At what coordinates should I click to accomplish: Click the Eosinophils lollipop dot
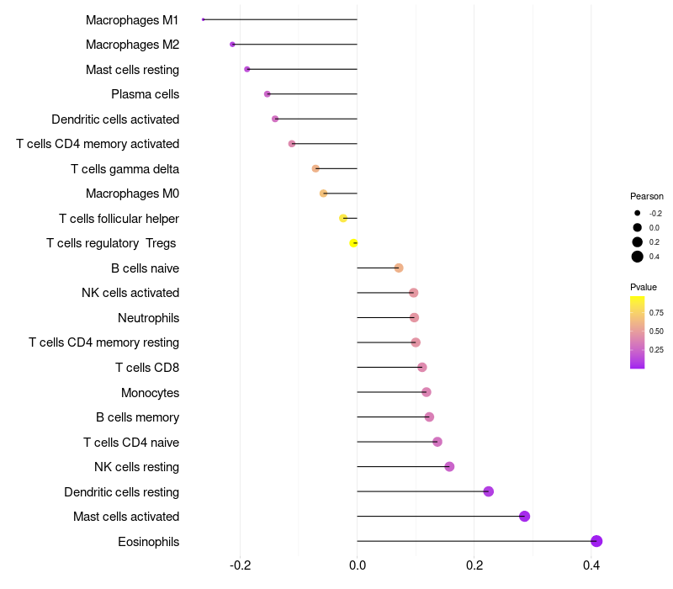[x=596, y=541]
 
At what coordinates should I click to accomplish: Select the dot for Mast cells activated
[x=525, y=517]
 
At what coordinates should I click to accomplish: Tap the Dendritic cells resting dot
[x=489, y=491]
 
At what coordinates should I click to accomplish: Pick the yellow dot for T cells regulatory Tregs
[x=354, y=243]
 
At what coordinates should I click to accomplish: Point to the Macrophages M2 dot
[x=232, y=45]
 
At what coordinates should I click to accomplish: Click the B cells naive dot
[x=399, y=268]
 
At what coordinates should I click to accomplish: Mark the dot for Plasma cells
[x=268, y=94]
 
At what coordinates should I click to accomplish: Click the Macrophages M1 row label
[x=132, y=19]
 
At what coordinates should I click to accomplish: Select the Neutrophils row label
[x=148, y=318]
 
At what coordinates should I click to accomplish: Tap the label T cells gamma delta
[x=125, y=169]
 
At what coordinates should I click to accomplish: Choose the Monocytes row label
[x=150, y=392]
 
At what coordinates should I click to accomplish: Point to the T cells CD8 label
[x=147, y=368]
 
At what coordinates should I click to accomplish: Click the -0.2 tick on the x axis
[x=241, y=563]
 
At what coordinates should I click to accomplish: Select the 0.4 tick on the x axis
[x=591, y=563]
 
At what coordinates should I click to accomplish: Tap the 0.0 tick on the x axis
[x=358, y=563]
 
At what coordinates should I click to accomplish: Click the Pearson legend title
[x=647, y=196]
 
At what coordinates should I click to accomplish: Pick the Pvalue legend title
[x=644, y=287]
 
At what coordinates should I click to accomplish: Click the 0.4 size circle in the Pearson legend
[x=638, y=257]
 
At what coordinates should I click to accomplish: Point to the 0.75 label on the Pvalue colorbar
[x=656, y=312]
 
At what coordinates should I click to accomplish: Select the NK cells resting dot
[x=449, y=467]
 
